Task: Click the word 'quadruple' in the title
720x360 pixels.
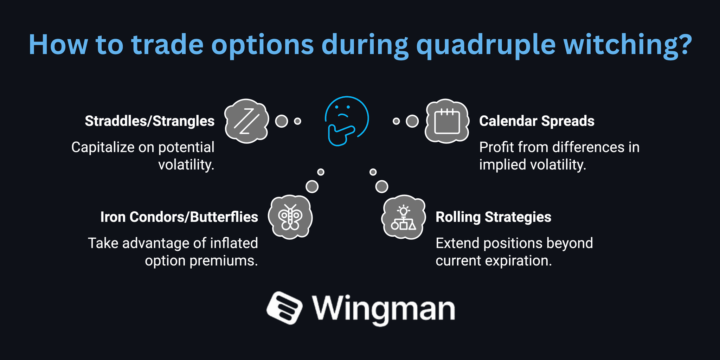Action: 486,45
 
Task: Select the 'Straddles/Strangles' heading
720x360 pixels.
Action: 149,121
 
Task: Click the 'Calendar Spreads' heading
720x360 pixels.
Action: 536,121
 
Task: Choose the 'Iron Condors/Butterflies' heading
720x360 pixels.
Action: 179,217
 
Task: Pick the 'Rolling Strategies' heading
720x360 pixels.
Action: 493,217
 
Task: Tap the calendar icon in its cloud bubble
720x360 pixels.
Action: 447,121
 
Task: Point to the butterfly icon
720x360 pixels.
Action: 290,217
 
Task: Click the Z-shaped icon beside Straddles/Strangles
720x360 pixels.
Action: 246,121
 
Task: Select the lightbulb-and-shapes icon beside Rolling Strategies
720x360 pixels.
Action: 403,218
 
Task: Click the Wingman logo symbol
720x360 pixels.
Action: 284,308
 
